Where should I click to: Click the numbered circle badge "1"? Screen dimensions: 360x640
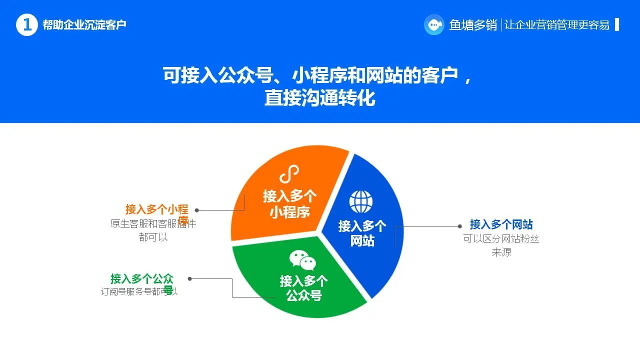coord(27,25)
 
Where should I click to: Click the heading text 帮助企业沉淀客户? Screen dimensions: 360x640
coord(84,25)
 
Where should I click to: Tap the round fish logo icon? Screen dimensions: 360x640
coord(434,24)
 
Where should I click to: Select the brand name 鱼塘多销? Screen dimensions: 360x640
coord(473,25)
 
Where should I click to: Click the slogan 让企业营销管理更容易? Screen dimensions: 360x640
coord(557,25)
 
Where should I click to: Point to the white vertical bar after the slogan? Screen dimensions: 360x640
coord(617,24)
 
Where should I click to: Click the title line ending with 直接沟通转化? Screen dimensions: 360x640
coord(319,98)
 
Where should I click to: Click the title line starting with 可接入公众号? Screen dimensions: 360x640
coord(317,75)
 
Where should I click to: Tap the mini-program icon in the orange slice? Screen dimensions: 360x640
coord(289,175)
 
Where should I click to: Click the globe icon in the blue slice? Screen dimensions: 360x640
coord(361,201)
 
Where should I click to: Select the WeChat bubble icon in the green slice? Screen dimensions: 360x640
coord(303,260)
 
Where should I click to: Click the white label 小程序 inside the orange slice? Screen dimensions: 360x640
coord(290,211)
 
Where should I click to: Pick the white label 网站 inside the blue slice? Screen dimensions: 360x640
coord(362,241)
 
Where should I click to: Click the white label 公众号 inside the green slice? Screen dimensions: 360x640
coord(303,295)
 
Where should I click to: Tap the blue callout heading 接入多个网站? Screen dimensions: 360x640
coord(501,224)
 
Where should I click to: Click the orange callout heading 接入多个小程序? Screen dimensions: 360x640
coord(156,209)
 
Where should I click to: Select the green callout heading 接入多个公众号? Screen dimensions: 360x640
coord(142,278)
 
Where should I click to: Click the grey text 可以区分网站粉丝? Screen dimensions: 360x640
coord(501,239)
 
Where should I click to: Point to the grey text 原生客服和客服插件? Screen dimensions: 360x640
coord(153,223)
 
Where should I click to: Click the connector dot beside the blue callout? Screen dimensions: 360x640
coord(460,226)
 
